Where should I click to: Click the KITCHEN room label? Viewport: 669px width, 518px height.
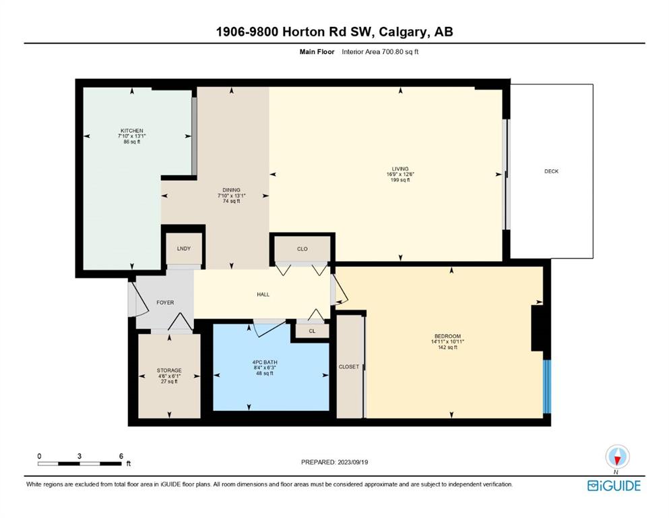tap(132, 131)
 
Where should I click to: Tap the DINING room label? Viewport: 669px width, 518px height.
tap(231, 190)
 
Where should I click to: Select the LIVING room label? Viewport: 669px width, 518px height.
tap(400, 169)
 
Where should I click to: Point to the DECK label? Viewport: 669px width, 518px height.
tap(551, 171)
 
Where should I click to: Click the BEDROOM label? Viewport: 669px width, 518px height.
tap(447, 336)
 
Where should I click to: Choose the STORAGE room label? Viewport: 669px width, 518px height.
tap(169, 370)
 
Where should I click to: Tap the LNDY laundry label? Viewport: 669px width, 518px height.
tap(184, 248)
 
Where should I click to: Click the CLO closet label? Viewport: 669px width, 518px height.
tap(302, 249)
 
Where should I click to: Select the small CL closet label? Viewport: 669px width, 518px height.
tap(312, 331)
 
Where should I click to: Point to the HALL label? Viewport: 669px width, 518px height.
tap(263, 294)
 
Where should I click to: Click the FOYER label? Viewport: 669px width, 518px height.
tap(165, 302)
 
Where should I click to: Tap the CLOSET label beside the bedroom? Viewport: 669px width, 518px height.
tap(348, 367)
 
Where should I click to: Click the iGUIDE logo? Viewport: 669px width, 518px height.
tap(614, 486)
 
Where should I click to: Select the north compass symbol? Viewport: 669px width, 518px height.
tap(617, 457)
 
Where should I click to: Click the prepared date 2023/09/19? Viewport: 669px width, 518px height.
tap(352, 462)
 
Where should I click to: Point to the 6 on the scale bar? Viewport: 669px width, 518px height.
tap(121, 456)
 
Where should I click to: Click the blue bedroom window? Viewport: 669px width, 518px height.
tap(546, 386)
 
